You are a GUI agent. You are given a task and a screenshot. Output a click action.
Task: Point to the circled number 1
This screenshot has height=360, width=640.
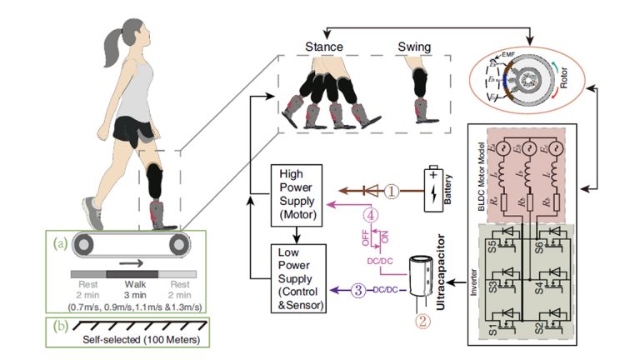pos(389,191)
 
